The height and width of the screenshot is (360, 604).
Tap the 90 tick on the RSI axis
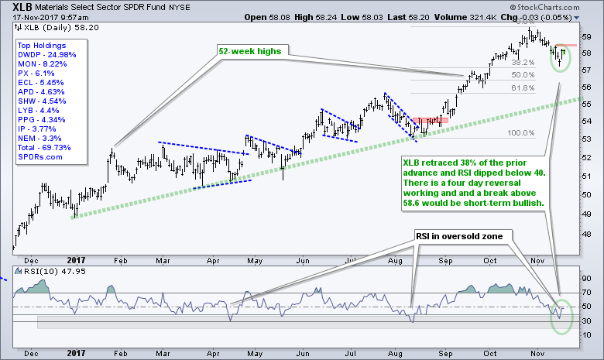(586, 278)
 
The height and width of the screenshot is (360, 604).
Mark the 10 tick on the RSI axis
(586, 334)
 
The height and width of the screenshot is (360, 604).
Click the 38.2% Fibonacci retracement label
(524, 63)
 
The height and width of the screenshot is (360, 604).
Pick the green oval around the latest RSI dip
(561, 318)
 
